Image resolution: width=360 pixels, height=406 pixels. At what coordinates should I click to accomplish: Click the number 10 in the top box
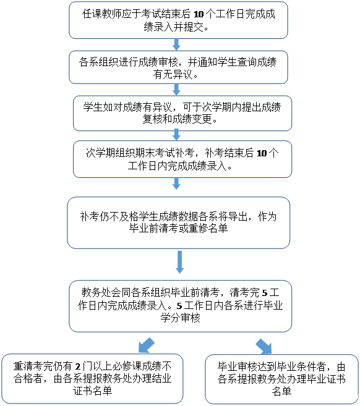[199, 14]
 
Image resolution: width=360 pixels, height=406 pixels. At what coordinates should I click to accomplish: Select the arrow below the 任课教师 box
[176, 44]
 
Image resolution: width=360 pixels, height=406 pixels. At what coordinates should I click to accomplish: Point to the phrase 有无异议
[173, 75]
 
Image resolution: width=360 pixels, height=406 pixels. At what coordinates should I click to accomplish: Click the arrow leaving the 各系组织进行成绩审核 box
[176, 90]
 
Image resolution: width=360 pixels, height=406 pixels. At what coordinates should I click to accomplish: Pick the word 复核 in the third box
[152, 119]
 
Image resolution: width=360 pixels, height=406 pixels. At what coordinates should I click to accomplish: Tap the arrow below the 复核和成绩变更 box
[176, 135]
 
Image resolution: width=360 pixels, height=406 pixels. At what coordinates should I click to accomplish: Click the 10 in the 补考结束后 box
[262, 153]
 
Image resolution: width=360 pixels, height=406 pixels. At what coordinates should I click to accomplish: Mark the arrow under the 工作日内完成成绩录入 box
[176, 184]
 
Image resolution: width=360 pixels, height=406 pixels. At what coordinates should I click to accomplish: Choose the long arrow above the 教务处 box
[179, 262]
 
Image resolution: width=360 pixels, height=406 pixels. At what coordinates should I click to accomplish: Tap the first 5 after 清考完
[265, 293]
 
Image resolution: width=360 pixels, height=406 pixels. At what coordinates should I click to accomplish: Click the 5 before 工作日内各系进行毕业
[179, 306]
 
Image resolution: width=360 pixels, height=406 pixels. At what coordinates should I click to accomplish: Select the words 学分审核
[181, 318]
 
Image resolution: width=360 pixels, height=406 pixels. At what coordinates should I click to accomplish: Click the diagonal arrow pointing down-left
[147, 345]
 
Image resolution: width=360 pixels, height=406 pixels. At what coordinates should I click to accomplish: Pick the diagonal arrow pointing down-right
[264, 346]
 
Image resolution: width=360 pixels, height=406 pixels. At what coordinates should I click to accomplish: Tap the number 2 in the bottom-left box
[78, 366]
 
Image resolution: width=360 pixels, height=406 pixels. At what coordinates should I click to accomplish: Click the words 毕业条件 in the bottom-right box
[297, 366]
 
